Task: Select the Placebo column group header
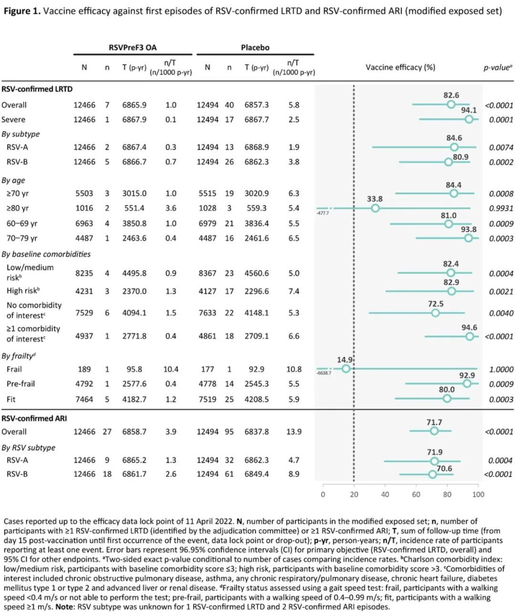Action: point(255,47)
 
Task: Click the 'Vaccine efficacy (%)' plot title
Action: point(400,67)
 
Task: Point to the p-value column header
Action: point(497,67)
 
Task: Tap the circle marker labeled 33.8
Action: point(375,208)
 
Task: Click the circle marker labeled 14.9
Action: point(346,369)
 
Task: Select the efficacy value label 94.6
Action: point(469,328)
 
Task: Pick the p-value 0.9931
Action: point(501,208)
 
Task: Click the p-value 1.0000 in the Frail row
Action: point(501,369)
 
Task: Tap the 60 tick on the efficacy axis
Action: point(416,495)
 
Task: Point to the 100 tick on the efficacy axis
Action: point(478,495)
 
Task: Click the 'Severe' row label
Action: point(13,119)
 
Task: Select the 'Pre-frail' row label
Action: point(21,384)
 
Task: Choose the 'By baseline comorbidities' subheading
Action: point(46,254)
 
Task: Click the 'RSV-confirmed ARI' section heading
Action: point(34,418)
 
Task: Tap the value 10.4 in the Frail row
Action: point(170,369)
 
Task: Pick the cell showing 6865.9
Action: point(134,105)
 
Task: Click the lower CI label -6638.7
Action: point(323,373)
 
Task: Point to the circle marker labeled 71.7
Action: point(434,431)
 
